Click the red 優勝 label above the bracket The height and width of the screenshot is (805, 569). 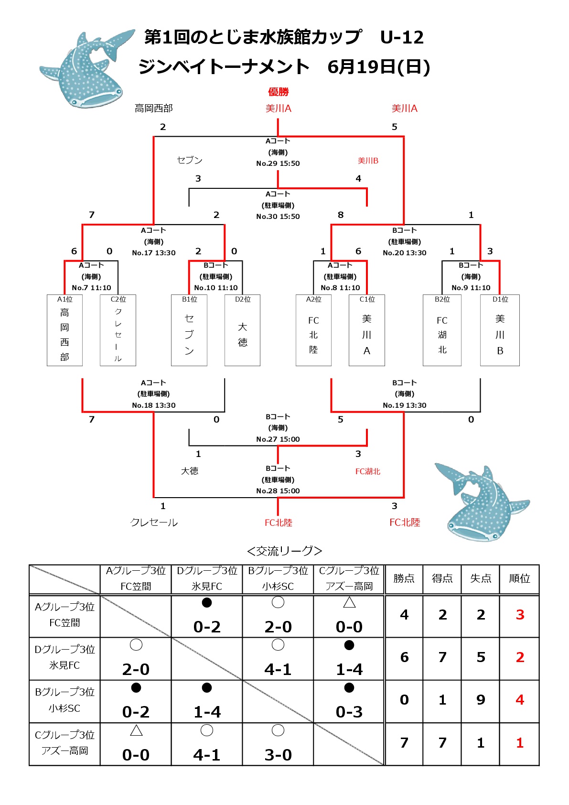coord(278,92)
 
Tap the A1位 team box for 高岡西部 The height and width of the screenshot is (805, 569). coord(64,330)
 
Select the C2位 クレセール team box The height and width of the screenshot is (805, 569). coord(118,330)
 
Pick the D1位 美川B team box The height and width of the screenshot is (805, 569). coord(500,330)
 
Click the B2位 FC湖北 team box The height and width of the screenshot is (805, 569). coord(442,330)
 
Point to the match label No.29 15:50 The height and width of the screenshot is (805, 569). coord(278,163)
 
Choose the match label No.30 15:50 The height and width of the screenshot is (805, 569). coord(278,217)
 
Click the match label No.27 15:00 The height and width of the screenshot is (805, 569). coord(278,439)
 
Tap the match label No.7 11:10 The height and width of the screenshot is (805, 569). coord(91,287)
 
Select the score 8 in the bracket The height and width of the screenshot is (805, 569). coord(341,215)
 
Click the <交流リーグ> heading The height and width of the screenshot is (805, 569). coord(285,551)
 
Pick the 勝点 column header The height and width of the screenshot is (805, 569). coord(404,578)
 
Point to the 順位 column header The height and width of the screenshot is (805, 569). coord(519,578)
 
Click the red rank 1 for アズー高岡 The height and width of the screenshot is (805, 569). coord(519,742)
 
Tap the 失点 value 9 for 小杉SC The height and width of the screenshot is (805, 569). coord(481,700)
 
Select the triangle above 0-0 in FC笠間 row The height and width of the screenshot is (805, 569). coord(349,602)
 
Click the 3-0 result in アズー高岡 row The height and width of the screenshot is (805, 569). coord(278,755)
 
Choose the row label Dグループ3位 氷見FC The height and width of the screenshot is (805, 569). coord(64,657)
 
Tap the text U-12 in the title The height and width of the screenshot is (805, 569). coord(402,37)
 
